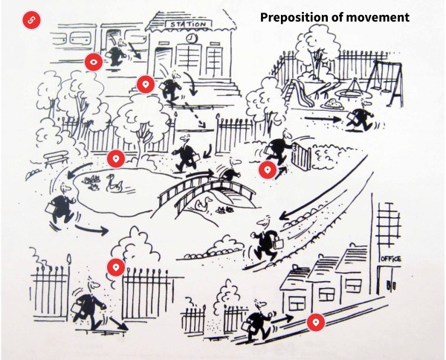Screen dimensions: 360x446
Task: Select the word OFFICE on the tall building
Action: click(390, 258)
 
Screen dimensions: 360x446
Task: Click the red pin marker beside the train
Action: click(93, 62)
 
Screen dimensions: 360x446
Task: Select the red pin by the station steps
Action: click(146, 85)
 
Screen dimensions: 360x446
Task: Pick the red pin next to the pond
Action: click(115, 158)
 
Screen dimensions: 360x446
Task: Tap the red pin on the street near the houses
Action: click(316, 322)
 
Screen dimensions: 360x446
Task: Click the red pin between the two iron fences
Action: click(115, 268)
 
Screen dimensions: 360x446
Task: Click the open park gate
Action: click(302, 155)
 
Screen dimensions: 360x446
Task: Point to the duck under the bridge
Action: click(206, 202)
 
